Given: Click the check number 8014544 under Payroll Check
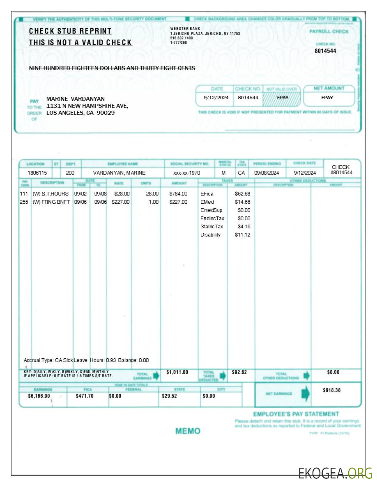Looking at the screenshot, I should tap(325, 51).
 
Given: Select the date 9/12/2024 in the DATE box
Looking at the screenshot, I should tap(216, 98).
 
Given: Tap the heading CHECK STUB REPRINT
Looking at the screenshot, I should tap(70, 31).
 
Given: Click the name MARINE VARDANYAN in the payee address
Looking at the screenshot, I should tap(76, 99).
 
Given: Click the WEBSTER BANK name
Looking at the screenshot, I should tap(182, 28).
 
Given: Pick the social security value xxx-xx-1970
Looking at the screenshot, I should tap(186, 173).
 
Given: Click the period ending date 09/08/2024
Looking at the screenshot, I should tap(267, 173).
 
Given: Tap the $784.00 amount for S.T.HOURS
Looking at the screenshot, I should tap(178, 193).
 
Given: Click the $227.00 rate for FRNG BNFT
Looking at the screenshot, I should tap(121, 202).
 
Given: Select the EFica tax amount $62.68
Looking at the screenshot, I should tap(242, 193).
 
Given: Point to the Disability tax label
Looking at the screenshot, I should tap(210, 234).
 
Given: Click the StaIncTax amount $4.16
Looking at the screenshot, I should tap(244, 226).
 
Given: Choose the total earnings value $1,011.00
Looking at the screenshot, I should tap(177, 372).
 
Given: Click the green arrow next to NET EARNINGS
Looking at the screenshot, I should tap(306, 394).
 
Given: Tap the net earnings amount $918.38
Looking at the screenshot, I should tap(332, 390).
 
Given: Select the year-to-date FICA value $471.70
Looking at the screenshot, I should tap(85, 396).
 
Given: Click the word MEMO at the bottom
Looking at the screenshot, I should tap(188, 431).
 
